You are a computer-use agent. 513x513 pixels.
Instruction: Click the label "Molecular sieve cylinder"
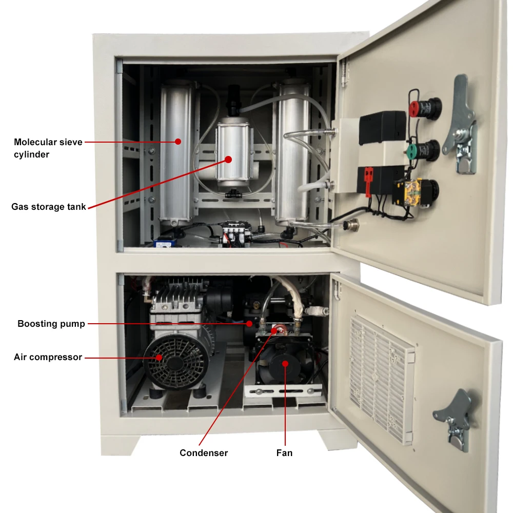pyautogui.click(x=48, y=148)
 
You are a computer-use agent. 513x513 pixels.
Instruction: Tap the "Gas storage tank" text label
pyautogui.click(x=49, y=207)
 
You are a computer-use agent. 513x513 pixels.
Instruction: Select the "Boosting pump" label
pyautogui.click(x=51, y=324)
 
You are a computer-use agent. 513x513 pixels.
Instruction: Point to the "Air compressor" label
pyautogui.click(x=48, y=357)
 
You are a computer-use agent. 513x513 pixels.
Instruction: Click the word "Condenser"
pyautogui.click(x=204, y=452)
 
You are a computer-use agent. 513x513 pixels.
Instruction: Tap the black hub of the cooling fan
pyautogui.click(x=284, y=364)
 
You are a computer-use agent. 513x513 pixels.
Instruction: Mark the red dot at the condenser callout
pyautogui.click(x=275, y=330)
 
